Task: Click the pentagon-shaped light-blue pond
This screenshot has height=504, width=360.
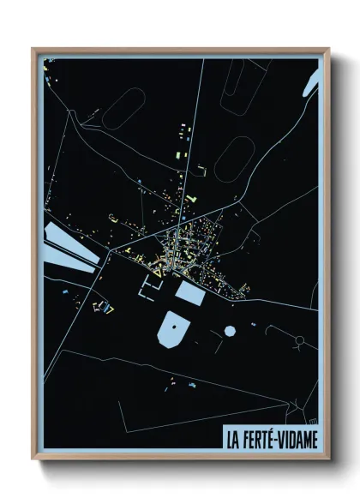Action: pos(174,330)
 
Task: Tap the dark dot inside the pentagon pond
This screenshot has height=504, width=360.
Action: pos(174,327)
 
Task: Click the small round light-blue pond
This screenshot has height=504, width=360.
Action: pos(230,330)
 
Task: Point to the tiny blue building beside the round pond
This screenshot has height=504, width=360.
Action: pos(254,324)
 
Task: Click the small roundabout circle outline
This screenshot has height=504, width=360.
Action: pos(300,340)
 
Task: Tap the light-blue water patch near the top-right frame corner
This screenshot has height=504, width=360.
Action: pos(313,77)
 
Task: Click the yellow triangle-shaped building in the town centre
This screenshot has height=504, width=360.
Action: pos(190,200)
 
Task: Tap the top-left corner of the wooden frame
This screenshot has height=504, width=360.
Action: pos(33,49)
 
